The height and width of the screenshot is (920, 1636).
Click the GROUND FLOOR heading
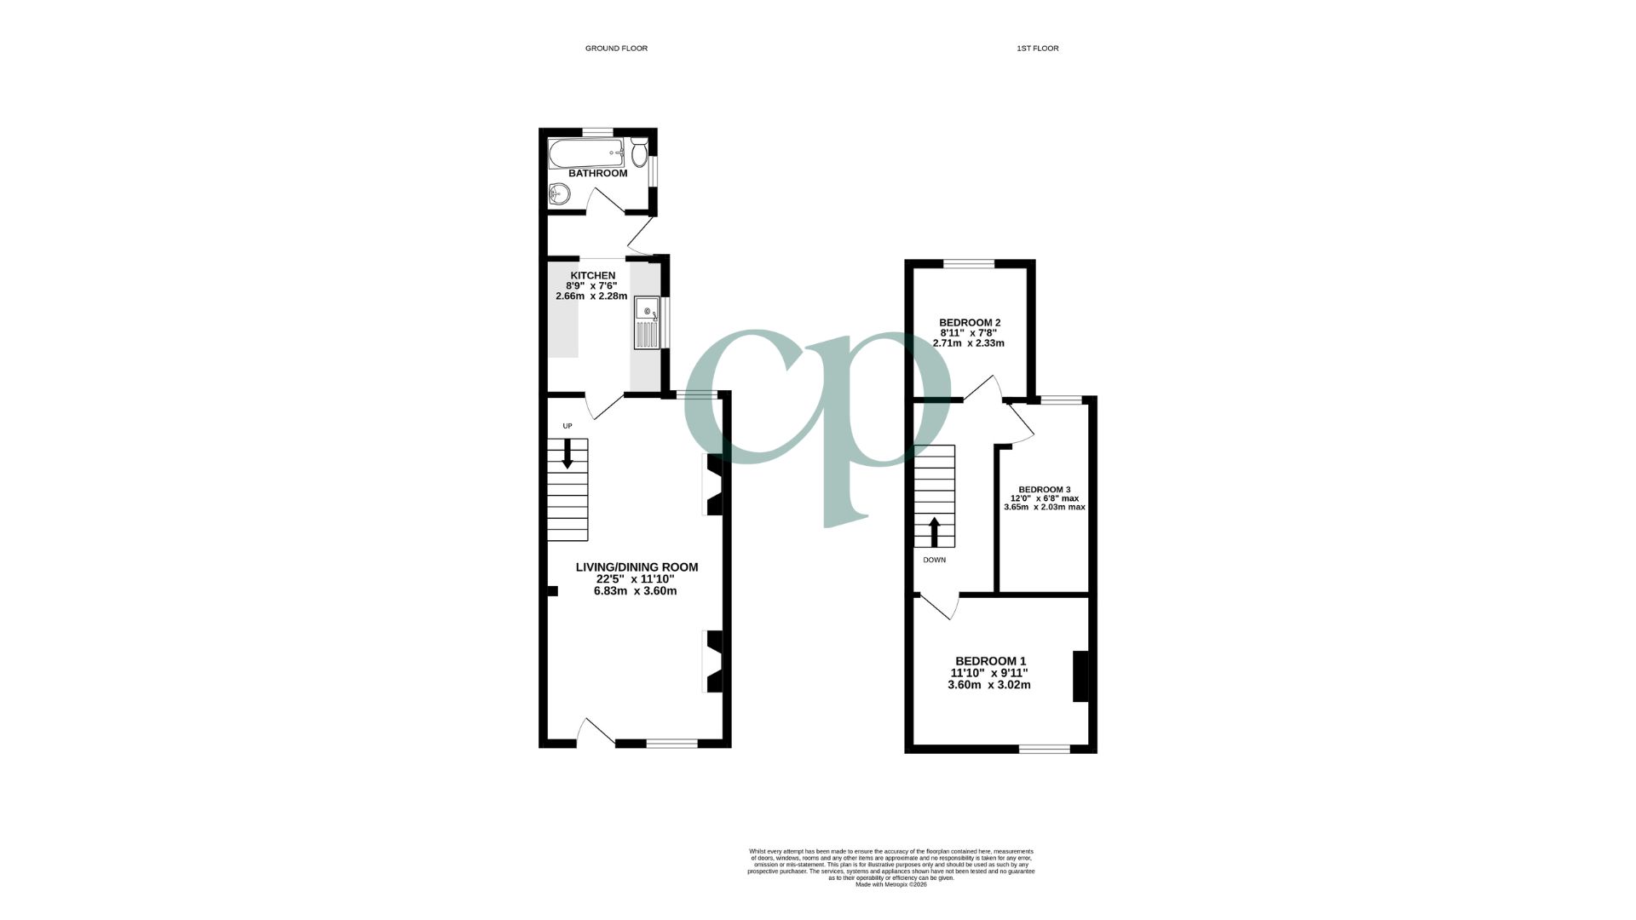tap(616, 49)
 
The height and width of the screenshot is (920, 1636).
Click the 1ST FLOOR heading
tap(1037, 49)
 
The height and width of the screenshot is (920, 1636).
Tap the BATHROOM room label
tap(597, 174)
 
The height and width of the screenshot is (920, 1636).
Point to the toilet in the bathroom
tap(639, 153)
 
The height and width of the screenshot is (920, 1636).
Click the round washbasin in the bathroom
tap(559, 194)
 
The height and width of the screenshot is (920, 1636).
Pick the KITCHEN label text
tap(592, 275)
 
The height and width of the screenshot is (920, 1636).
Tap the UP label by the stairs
tap(567, 426)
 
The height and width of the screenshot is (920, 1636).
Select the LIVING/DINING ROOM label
tap(637, 567)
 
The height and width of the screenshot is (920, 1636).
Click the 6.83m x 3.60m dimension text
tap(635, 591)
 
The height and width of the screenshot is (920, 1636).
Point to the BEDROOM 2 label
tap(969, 323)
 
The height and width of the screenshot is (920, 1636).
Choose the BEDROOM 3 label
tap(1045, 490)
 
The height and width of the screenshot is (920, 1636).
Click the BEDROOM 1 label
tap(990, 661)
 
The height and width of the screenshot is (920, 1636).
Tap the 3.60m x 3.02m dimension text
tap(989, 685)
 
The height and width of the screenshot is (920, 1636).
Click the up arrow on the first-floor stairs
tap(934, 531)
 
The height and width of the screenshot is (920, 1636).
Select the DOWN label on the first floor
tap(934, 561)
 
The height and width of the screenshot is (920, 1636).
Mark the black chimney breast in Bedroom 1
tap(1080, 676)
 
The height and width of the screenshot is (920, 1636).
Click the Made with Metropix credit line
tap(890, 884)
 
